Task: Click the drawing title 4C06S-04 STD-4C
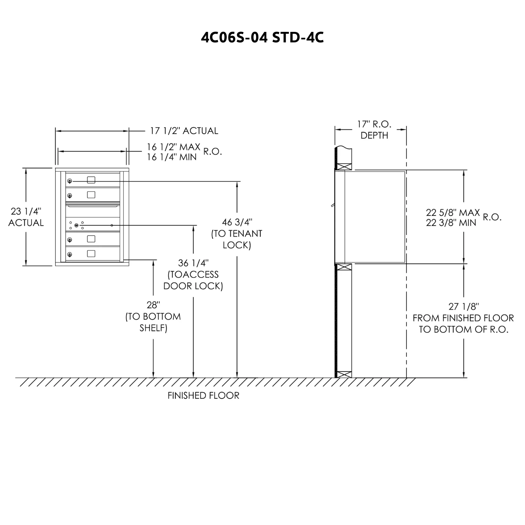tap(262, 37)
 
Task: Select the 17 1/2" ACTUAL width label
tap(184, 131)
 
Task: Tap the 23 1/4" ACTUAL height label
tap(26, 217)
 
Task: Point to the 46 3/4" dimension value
tap(237, 222)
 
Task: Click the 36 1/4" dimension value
tap(193, 263)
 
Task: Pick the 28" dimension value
tap(153, 305)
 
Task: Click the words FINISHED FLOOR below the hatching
tap(203, 395)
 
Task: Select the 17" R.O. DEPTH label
tap(374, 130)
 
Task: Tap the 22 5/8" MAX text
tap(453, 212)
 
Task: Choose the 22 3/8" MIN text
tap(451, 223)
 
